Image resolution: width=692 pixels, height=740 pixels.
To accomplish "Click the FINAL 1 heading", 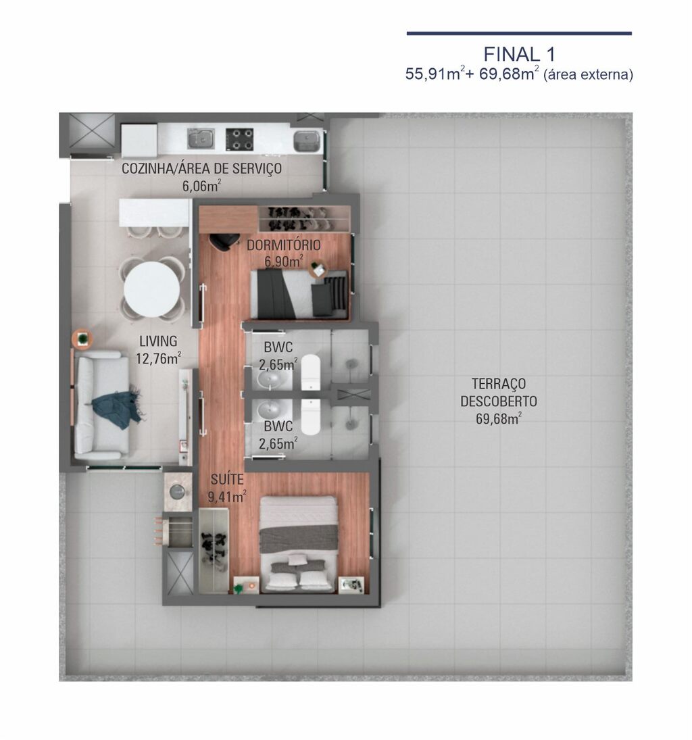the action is click(x=519, y=54).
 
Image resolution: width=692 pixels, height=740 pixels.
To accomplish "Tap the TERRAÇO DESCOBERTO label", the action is click(x=499, y=393).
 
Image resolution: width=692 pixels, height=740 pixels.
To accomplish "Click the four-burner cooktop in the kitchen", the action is click(x=239, y=139).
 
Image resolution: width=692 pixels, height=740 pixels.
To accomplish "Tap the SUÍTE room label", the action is click(x=227, y=480).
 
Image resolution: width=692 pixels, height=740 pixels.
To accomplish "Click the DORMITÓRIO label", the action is click(x=284, y=245).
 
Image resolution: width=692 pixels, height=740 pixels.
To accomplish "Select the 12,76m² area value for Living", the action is click(x=159, y=359).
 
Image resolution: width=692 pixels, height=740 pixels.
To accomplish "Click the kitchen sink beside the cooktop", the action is click(x=201, y=139).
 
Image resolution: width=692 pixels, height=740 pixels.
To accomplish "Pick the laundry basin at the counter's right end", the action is click(x=307, y=141).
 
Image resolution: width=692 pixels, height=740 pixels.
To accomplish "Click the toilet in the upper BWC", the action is click(x=311, y=372).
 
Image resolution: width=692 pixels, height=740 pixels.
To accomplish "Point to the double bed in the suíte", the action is click(x=299, y=543).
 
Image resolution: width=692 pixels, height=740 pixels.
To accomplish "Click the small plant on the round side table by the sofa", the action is click(x=83, y=338).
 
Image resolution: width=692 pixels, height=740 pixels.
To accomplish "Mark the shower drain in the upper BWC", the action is click(x=350, y=364).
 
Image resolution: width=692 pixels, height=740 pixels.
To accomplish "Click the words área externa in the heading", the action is click(x=589, y=74).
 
